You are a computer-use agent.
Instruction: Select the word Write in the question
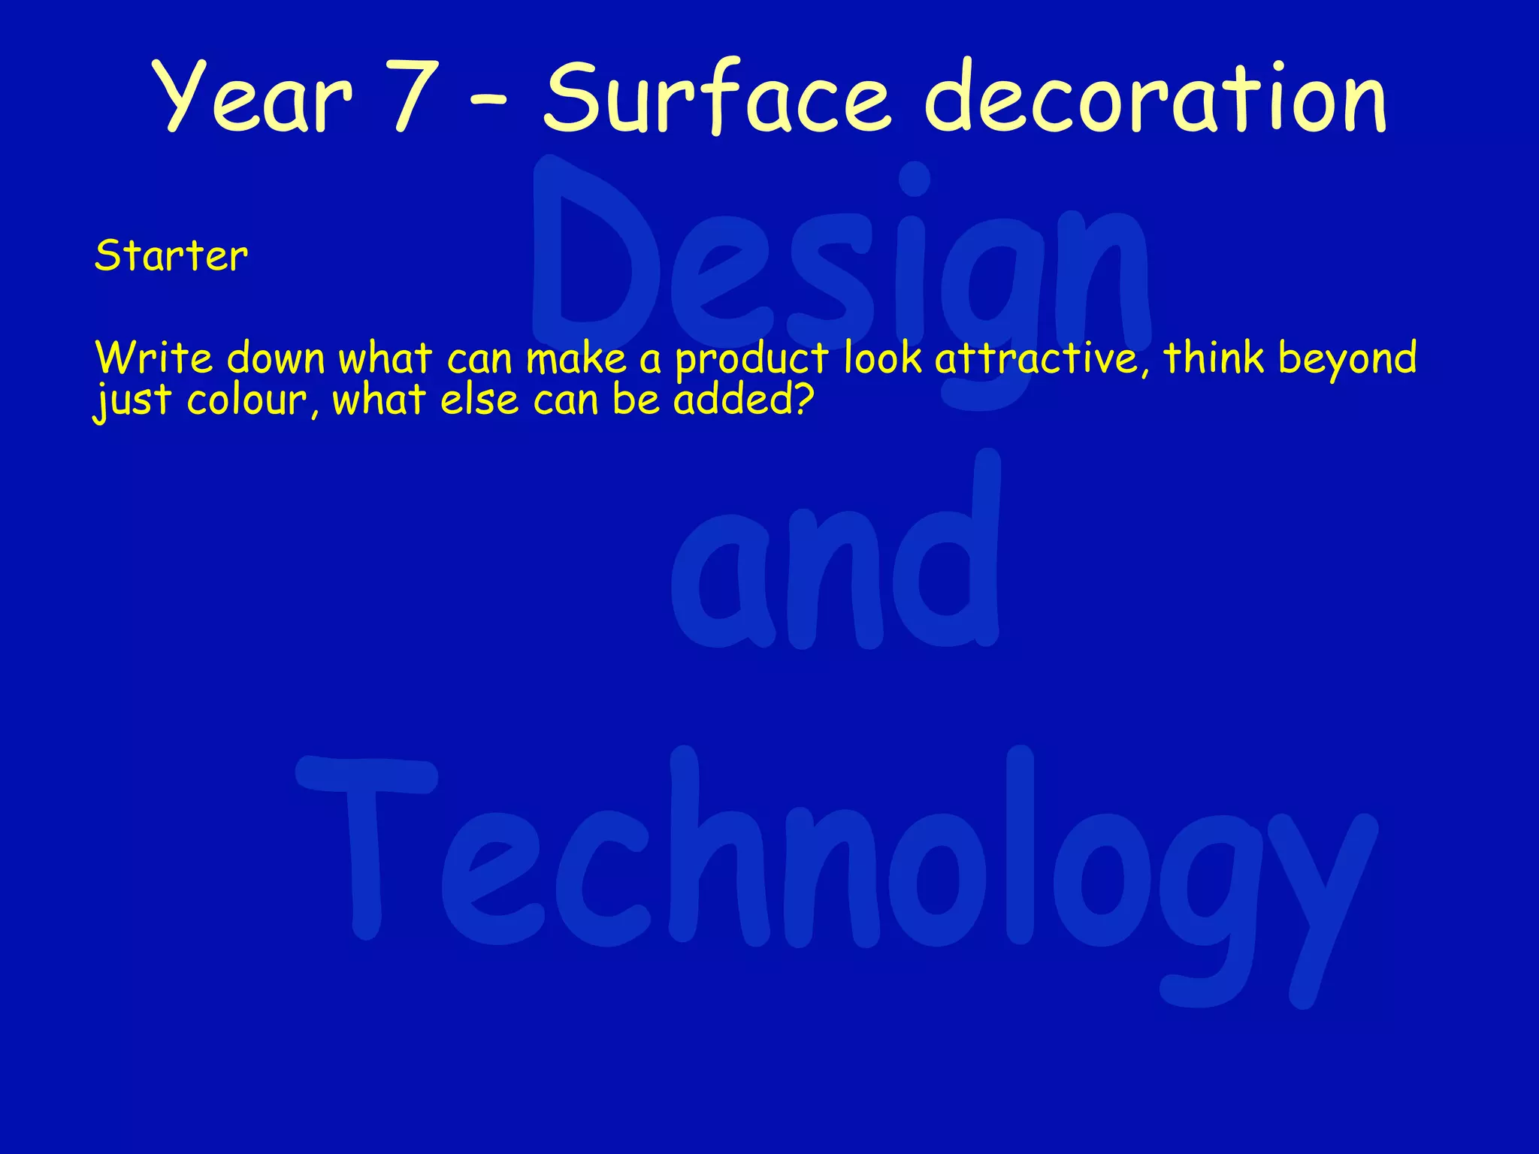point(155,358)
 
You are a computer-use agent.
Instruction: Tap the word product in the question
point(751,359)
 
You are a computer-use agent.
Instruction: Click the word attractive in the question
point(1042,358)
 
